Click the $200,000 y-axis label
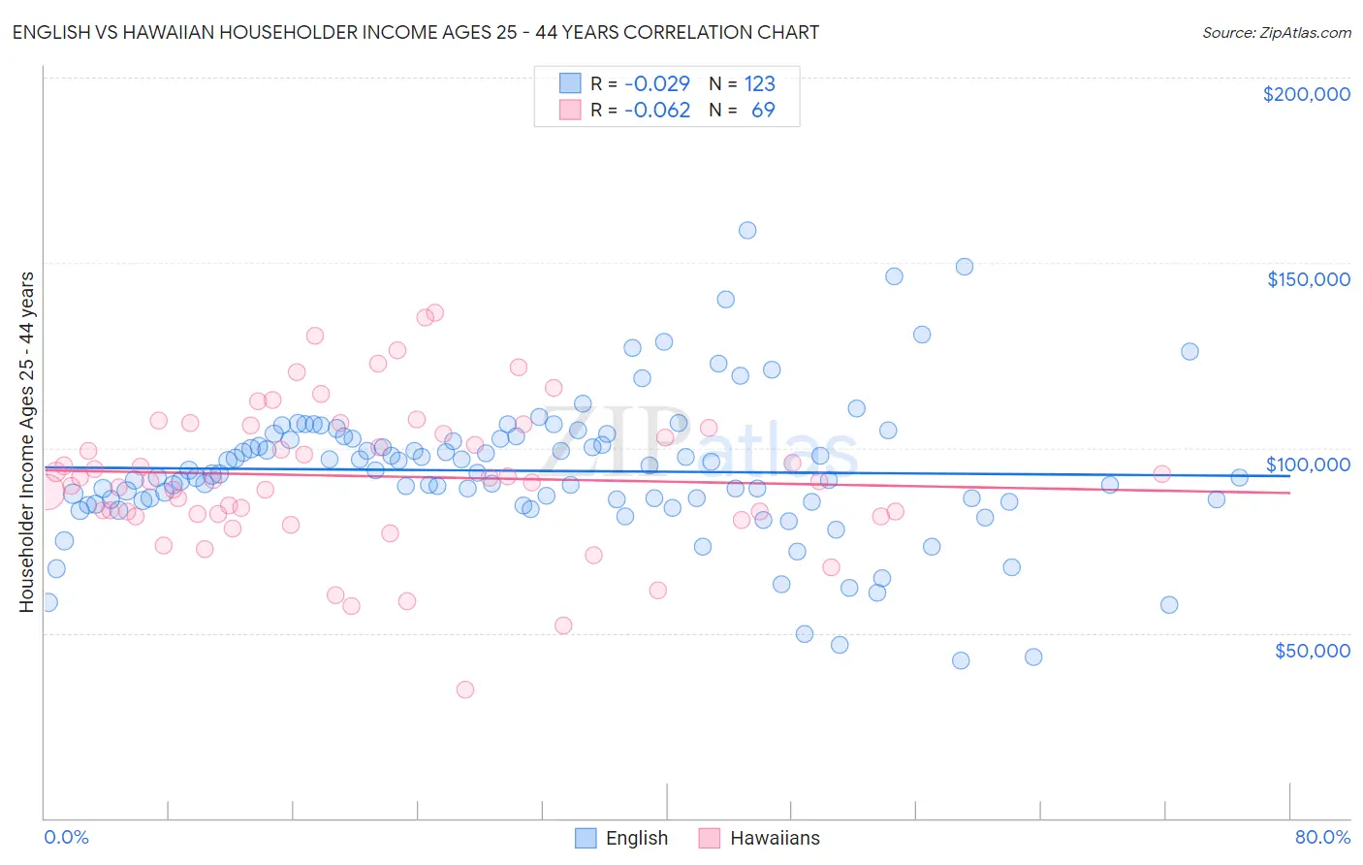(1306, 94)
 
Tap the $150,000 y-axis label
(1308, 279)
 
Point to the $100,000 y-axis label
(1308, 465)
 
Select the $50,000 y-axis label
(1312, 651)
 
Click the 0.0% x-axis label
(66, 837)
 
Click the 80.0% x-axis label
(1322, 837)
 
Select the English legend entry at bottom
(621, 838)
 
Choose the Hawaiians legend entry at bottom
(759, 838)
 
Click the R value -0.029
(656, 83)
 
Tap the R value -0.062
(656, 110)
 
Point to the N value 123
(759, 83)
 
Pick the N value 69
(763, 110)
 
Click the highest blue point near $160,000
(747, 230)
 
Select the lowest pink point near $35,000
(465, 689)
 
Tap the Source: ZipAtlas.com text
(1276, 32)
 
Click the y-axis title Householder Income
(26, 441)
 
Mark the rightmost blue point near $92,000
(1239, 477)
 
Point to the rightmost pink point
(1161, 473)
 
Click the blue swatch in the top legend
(570, 83)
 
